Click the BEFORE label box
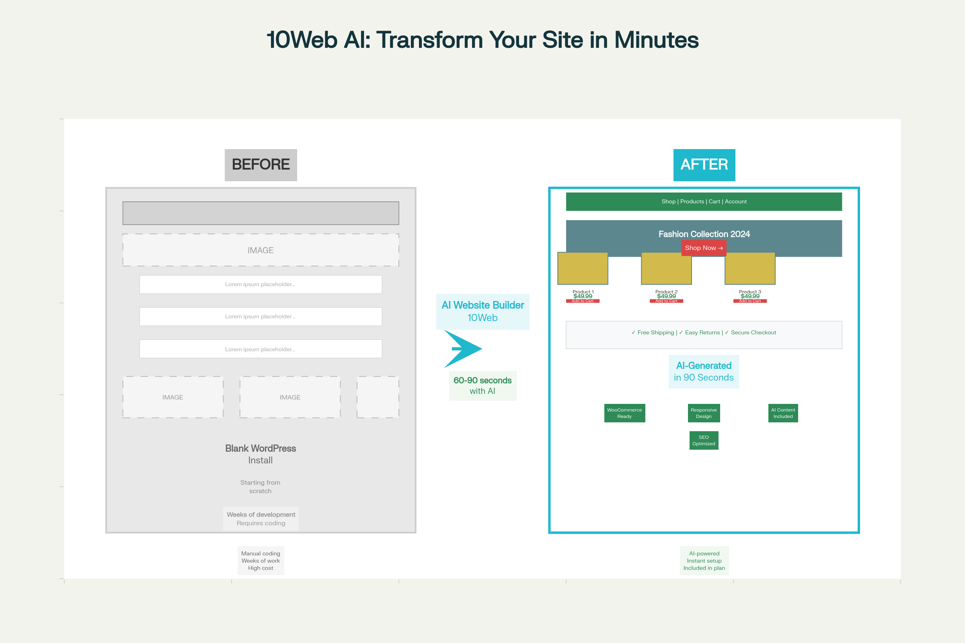pos(261,165)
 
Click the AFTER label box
pos(704,165)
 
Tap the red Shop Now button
pos(704,248)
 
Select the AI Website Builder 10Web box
pos(482,312)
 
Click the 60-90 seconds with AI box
pos(482,385)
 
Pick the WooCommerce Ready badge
pos(624,413)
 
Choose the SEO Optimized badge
pos(704,440)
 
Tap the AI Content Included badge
pos(783,413)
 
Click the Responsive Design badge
pos(704,413)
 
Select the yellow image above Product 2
pos(666,268)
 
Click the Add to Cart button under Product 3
pos(749,301)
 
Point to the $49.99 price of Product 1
pos(583,296)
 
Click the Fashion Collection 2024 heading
pos(704,234)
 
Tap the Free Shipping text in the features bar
pos(655,333)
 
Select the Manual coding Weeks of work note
pos(261,561)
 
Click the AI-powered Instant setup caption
pos(704,561)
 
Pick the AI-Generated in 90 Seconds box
pos(704,371)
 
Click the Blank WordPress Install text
pos(261,454)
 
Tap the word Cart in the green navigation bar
pos(715,202)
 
